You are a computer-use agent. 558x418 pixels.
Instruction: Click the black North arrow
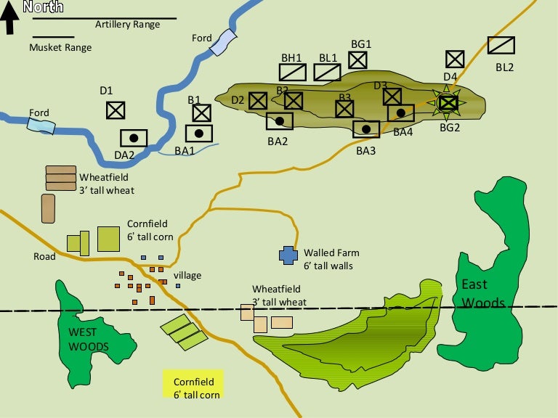(10, 18)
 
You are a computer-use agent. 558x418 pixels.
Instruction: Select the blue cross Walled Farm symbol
(288, 255)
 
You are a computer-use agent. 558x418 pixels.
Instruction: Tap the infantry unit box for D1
(115, 110)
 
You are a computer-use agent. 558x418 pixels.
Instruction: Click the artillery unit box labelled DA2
(134, 138)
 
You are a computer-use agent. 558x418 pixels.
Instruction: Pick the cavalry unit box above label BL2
(501, 46)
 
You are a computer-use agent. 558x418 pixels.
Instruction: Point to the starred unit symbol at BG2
(448, 104)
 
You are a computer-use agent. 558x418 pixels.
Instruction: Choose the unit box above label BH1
(293, 72)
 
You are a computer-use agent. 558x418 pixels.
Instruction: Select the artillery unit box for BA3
(366, 129)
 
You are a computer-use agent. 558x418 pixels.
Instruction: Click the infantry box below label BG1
(358, 60)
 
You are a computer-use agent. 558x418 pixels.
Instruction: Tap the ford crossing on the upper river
(223, 43)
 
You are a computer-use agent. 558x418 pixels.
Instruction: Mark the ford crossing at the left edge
(41, 125)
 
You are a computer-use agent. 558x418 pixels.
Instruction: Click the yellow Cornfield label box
(193, 384)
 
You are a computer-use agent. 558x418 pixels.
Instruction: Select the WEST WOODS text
(89, 339)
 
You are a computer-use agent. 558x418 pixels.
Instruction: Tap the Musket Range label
(60, 48)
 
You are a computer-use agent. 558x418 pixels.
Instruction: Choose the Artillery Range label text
(127, 25)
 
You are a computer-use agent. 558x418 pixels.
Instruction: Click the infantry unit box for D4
(455, 59)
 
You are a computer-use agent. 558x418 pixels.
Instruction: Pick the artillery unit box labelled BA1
(198, 134)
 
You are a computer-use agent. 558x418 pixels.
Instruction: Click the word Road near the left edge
(44, 256)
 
